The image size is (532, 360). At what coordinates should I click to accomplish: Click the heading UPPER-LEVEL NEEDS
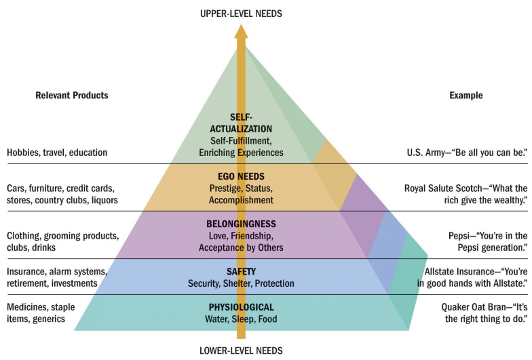point(241,13)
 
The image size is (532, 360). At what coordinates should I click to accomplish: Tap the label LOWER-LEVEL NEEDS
point(241,351)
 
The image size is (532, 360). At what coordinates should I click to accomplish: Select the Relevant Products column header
point(72,96)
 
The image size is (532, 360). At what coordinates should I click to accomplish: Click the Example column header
point(466,96)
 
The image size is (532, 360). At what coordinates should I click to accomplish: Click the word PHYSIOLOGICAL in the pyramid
point(241,308)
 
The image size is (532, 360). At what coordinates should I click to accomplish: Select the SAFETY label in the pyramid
point(241,271)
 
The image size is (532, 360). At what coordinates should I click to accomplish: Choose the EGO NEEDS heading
point(241,176)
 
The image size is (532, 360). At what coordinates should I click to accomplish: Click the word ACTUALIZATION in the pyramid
point(241,128)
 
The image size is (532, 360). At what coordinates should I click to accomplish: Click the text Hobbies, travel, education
point(57,153)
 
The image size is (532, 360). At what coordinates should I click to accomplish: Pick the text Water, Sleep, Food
point(241,319)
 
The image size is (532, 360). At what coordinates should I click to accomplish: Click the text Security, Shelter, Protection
point(241,283)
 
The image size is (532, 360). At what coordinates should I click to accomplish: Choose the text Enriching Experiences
point(241,153)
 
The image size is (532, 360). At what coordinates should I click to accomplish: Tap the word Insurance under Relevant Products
point(25,271)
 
